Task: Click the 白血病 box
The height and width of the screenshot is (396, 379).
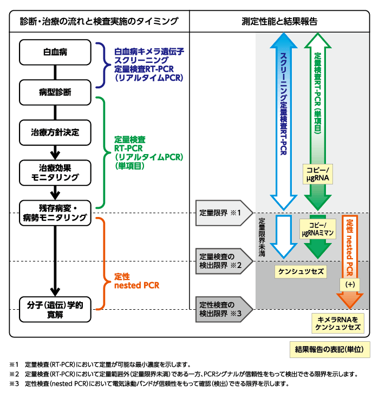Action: coord(55,52)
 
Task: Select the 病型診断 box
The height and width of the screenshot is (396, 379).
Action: coord(55,92)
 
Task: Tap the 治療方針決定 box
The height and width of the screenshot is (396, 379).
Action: coord(55,132)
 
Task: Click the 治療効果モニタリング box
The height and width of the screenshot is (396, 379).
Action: coord(55,172)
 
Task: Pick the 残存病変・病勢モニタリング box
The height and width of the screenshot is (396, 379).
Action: coord(55,212)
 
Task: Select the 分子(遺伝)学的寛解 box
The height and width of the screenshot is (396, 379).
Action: coord(55,308)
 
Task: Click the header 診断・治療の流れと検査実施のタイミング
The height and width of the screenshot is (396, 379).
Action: coord(99,21)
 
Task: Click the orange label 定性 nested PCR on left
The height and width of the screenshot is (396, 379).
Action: coord(136,280)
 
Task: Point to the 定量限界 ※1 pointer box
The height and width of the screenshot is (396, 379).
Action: coord(219,212)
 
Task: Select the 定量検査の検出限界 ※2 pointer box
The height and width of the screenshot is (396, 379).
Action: coord(219,260)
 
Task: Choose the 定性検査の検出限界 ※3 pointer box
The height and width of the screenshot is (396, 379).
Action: coord(219,309)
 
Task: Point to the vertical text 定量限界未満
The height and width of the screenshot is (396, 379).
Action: coord(262,237)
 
